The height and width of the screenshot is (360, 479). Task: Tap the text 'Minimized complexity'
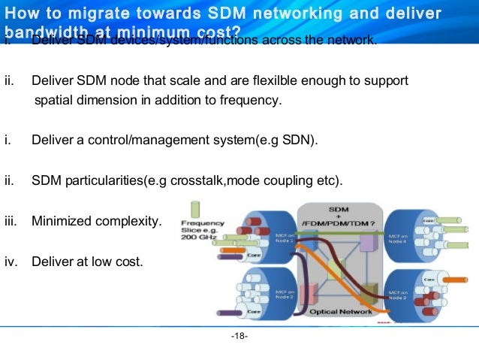[95, 221]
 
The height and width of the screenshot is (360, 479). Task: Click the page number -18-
[239, 335]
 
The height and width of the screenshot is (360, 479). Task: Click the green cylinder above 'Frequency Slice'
[196, 208]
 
